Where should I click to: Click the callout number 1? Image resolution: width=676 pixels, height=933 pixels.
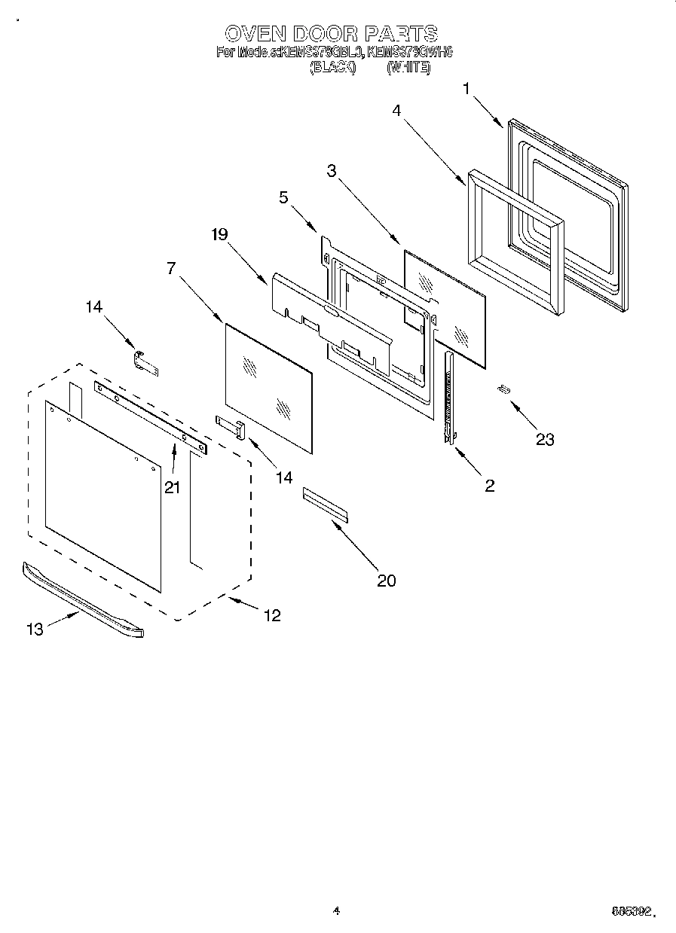466,89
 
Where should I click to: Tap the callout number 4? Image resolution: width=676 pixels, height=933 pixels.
396,110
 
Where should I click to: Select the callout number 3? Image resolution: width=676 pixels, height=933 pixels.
332,171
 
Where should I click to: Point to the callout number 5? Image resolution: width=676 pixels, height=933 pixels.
283,198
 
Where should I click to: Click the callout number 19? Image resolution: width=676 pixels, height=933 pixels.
219,234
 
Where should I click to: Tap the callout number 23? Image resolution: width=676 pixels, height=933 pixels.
544,439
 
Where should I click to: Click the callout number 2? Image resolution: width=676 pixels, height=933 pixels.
489,486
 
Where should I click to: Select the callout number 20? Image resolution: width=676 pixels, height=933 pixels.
386,580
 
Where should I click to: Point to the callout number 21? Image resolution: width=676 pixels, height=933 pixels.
173,487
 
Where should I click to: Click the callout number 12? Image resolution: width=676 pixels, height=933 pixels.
272,615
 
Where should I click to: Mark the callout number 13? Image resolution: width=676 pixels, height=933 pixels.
35,630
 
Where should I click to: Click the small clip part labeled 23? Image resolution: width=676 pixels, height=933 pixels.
503,389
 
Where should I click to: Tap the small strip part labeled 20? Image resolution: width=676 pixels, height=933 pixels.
326,504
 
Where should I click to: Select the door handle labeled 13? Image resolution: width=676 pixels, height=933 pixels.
83,600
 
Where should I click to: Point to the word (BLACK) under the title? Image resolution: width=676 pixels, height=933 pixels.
332,67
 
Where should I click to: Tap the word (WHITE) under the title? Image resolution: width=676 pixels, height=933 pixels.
408,67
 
